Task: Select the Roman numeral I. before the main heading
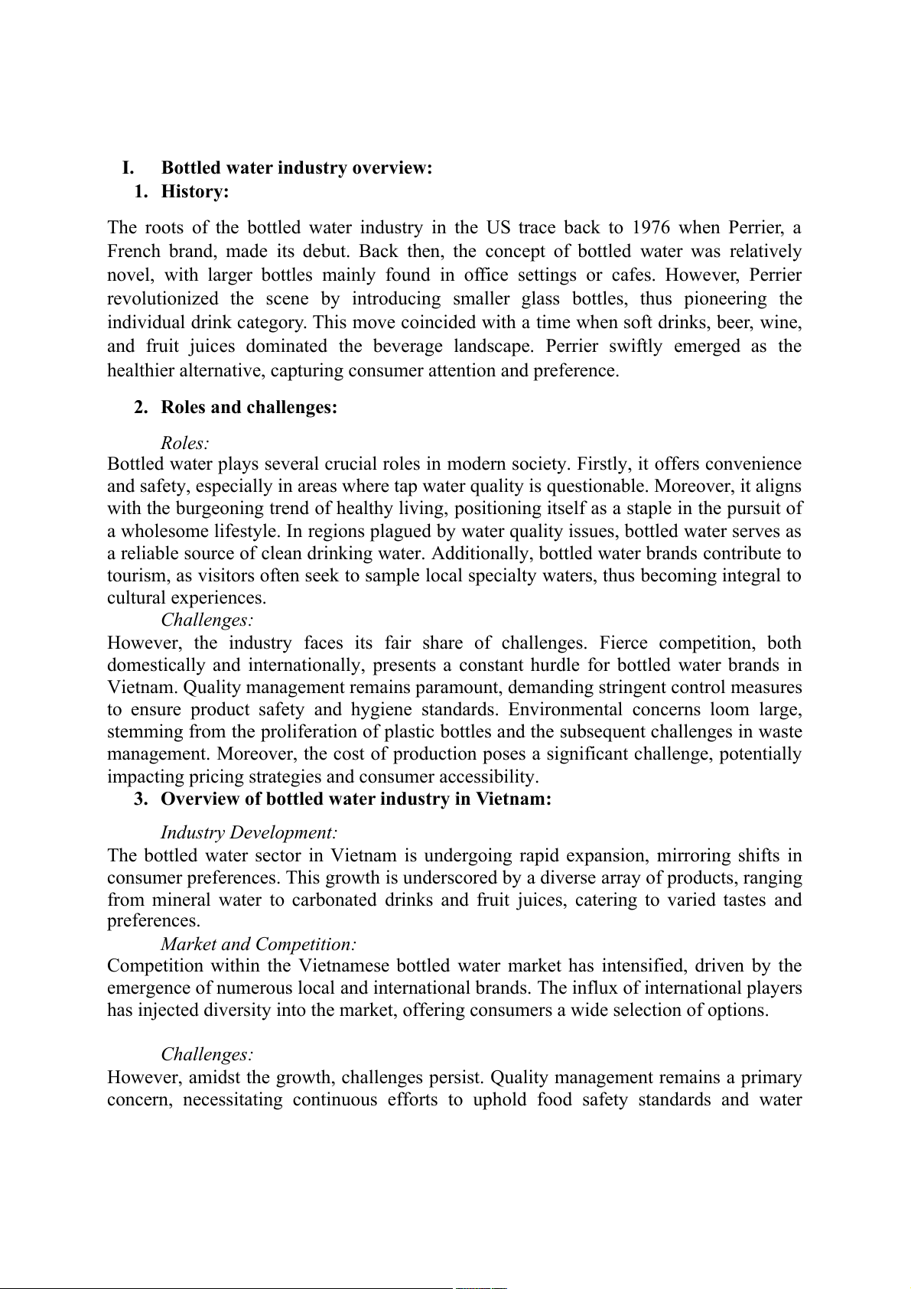tap(129, 168)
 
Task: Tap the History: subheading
tap(195, 191)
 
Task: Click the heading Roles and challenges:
tap(249, 407)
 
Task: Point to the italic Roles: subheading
tap(185, 443)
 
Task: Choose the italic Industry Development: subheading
tap(249, 832)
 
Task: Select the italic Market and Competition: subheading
tap(259, 944)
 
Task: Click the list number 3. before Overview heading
tap(141, 799)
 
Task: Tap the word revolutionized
tap(162, 299)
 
